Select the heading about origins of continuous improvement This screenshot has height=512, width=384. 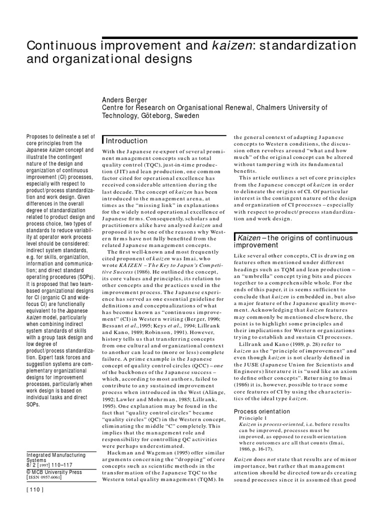295,242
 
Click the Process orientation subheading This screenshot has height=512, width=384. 261,411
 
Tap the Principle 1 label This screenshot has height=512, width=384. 253,418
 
